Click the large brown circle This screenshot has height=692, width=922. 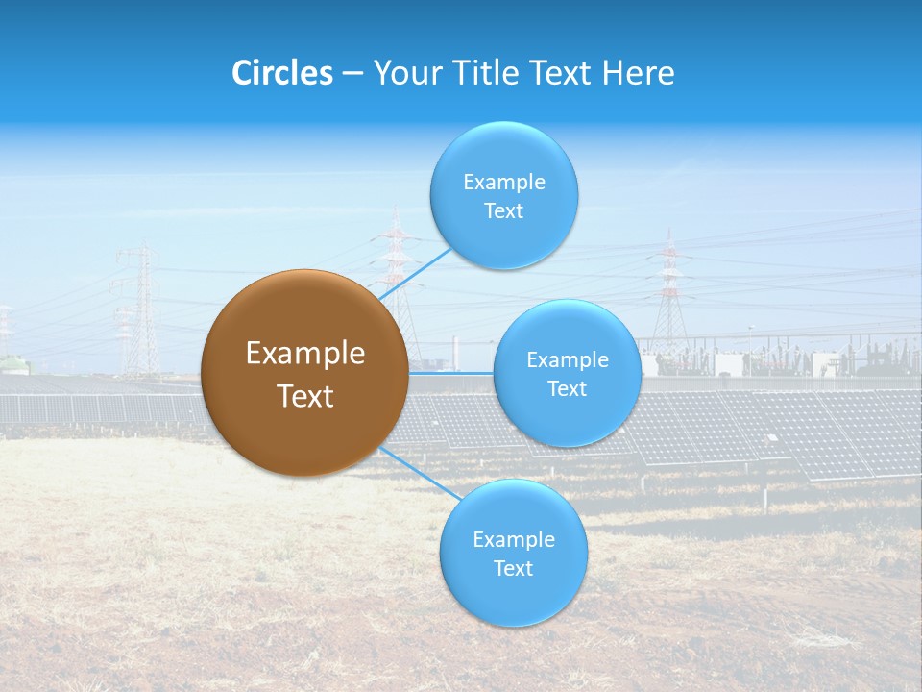pyautogui.click(x=304, y=373)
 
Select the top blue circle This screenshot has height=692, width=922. pyautogui.click(x=503, y=195)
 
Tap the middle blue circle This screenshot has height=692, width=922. pyautogui.click(x=567, y=373)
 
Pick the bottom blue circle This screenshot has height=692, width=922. pyautogui.click(x=513, y=553)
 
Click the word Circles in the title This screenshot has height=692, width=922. pyautogui.click(x=282, y=73)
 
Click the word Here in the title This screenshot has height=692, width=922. pyautogui.click(x=639, y=73)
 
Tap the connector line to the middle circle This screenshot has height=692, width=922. pyautogui.click(x=451, y=373)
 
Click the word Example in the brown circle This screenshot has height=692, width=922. pyautogui.click(x=305, y=354)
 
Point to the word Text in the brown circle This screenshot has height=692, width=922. pyautogui.click(x=305, y=396)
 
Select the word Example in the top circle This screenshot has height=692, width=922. pyautogui.click(x=504, y=182)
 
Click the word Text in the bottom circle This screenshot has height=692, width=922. pyautogui.click(x=513, y=568)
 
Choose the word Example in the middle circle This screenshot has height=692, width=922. pyautogui.click(x=568, y=360)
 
